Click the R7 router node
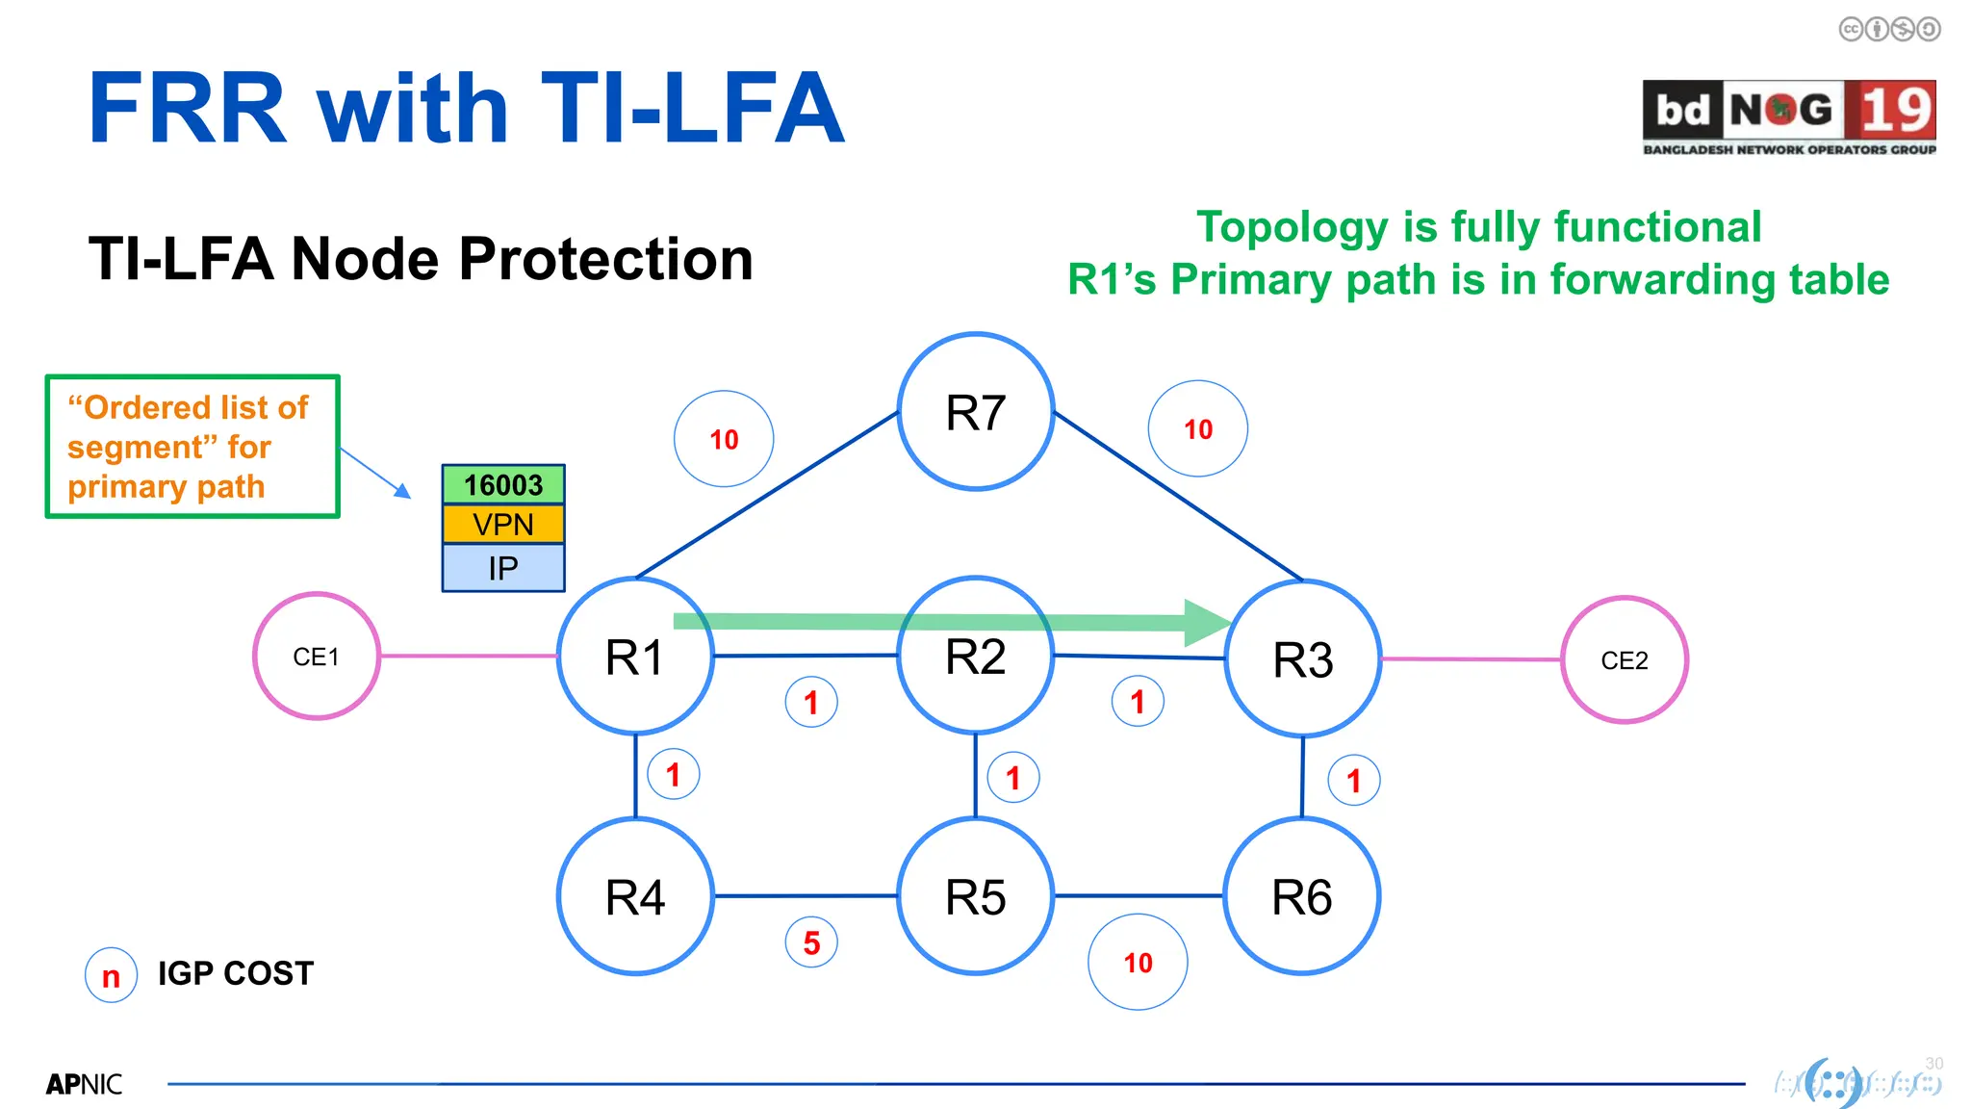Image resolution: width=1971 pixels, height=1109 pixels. pyautogui.click(x=976, y=412)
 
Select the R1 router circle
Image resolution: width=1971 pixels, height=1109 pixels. pyautogui.click(x=635, y=657)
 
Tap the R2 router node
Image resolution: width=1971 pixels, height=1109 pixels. pyautogui.click(x=976, y=657)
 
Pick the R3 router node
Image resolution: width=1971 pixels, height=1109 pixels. pyautogui.click(x=1303, y=659)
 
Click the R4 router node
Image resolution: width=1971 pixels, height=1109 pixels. pyautogui.click(x=635, y=896)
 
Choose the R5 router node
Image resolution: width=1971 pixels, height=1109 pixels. pyautogui.click(x=976, y=896)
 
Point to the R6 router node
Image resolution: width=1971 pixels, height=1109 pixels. pyautogui.click(x=1302, y=896)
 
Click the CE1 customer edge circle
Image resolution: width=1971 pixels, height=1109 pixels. pyautogui.click(x=317, y=657)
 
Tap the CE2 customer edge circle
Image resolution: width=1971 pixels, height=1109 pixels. pyautogui.click(x=1625, y=660)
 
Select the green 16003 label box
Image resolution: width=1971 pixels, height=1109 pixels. pyautogui.click(x=503, y=485)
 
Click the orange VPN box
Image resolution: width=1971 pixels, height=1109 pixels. pyautogui.click(x=503, y=525)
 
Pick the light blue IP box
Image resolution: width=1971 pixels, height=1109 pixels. pyautogui.click(x=503, y=568)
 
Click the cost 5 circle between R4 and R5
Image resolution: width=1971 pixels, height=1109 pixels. pyautogui.click(x=811, y=942)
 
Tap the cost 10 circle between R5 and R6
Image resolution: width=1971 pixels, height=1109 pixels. pyautogui.click(x=1138, y=962)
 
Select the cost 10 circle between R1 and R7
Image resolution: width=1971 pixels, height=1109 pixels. pyautogui.click(x=724, y=439)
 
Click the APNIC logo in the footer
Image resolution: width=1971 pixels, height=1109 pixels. pyautogui.click(x=84, y=1084)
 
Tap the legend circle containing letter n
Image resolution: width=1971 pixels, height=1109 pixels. pyautogui.click(x=112, y=975)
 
